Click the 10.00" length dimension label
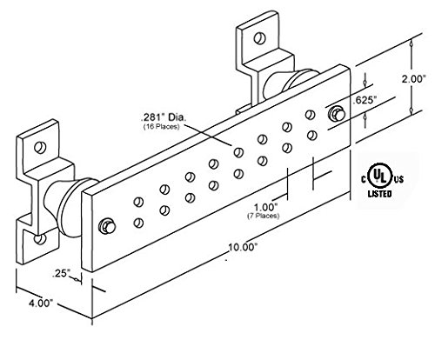point(243,247)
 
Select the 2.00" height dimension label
point(413,78)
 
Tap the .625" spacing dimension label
point(365,101)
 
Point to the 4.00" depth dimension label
point(41,303)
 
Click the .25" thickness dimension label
point(62,274)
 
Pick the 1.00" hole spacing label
point(266,207)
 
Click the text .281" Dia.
point(163,118)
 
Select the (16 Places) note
point(161,127)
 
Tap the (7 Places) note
point(264,216)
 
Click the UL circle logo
point(380,176)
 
